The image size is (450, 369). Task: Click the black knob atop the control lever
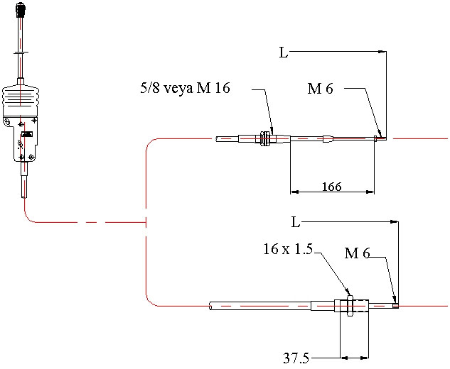tap(22, 10)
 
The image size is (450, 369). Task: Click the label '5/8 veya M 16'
tap(186, 89)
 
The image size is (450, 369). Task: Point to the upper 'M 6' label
tap(320, 89)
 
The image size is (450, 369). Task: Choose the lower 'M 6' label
tap(357, 253)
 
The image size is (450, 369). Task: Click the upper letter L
tap(284, 53)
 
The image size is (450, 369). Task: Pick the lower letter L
tap(295, 222)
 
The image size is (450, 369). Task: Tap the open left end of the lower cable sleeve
tap(211, 307)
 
